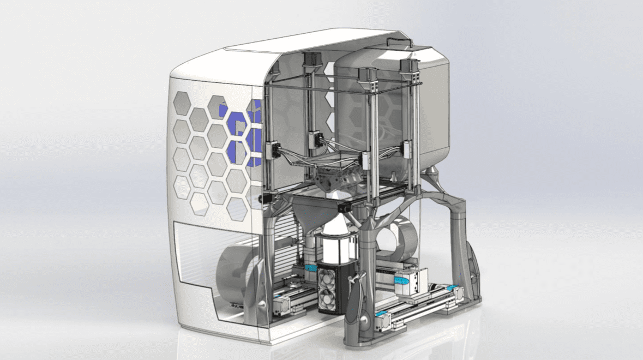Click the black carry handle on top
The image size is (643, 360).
(x=399, y=41)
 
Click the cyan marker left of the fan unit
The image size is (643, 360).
(x=311, y=267)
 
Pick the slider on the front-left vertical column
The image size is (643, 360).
(x=273, y=148)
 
